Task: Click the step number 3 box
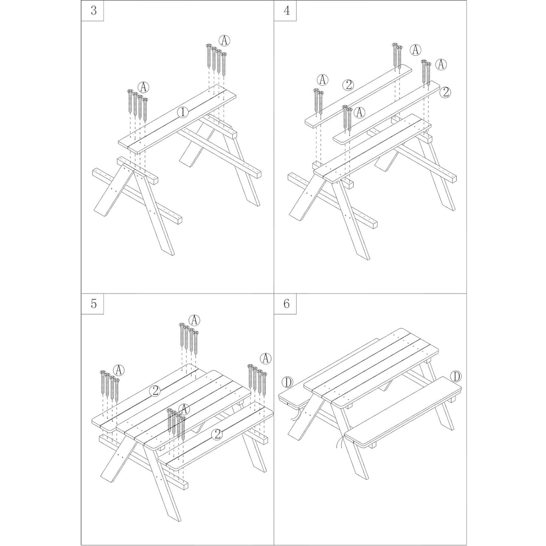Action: point(92,11)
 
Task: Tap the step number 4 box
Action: point(285,11)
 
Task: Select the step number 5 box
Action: point(92,304)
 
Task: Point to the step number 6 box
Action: point(285,304)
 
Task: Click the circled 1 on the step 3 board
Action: point(183,113)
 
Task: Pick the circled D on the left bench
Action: point(288,383)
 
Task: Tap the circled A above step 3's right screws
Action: point(224,40)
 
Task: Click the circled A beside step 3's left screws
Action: point(144,87)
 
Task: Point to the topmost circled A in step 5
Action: point(194,320)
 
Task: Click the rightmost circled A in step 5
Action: point(266,359)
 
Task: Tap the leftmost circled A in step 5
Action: point(119,369)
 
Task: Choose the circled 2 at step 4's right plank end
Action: point(445,92)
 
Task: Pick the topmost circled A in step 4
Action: point(416,50)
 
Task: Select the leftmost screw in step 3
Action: point(130,101)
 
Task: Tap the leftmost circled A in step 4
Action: point(322,80)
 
